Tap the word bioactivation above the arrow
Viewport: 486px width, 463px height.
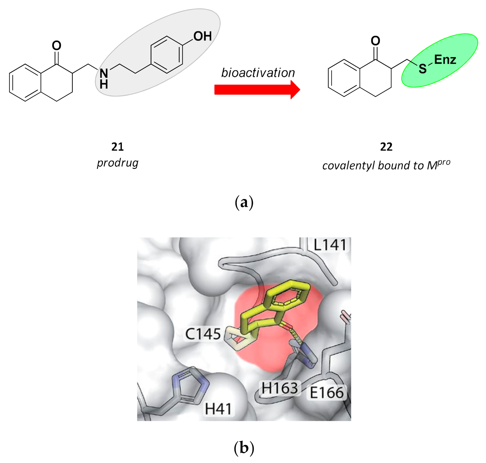pos(258,73)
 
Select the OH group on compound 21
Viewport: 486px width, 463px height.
pos(202,36)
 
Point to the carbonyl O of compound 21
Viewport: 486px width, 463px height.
pos(56,46)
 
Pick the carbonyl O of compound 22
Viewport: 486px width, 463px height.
pos(375,41)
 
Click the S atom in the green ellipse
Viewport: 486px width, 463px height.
pos(422,69)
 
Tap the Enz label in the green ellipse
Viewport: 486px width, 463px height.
pos(445,60)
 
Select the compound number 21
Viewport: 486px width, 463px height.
pos(118,147)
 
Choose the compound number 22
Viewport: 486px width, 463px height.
pos(386,147)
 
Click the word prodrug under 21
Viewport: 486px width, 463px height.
pos(118,163)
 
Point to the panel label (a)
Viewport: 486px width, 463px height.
pos(244,203)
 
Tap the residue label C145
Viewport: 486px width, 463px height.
pos(203,334)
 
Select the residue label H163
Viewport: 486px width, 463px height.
pos(280,388)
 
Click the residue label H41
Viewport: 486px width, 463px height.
pos(218,409)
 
